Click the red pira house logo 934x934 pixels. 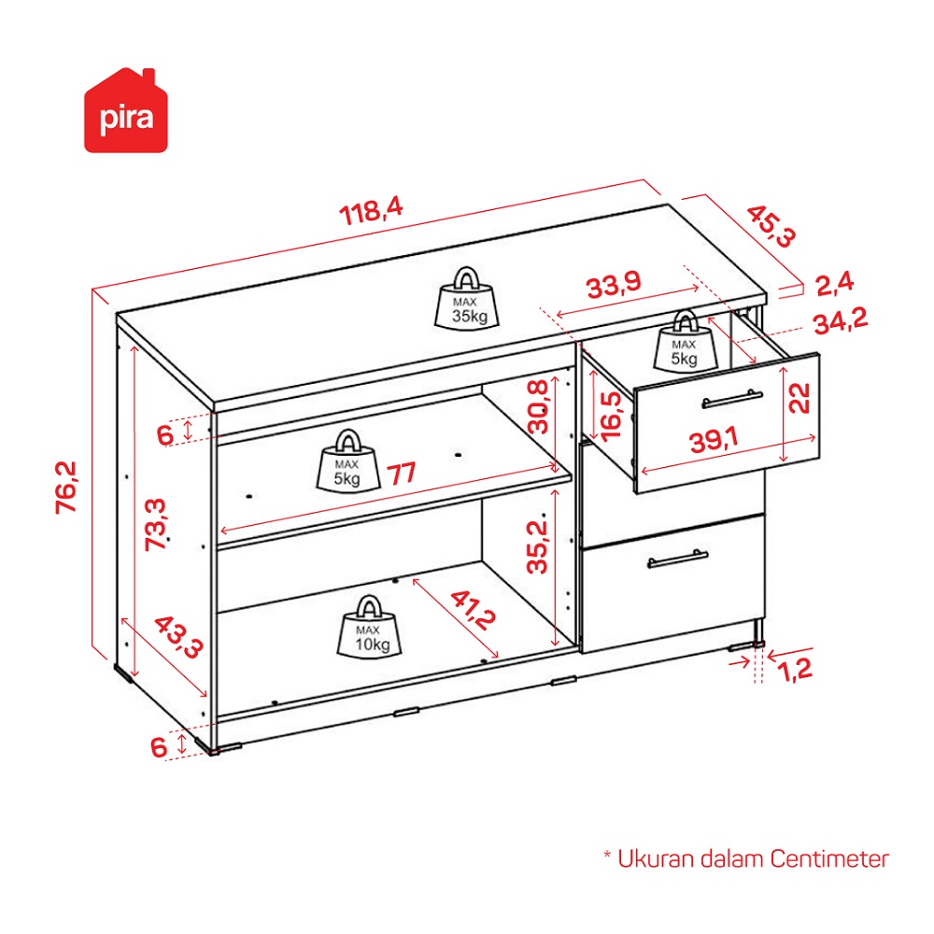point(126,111)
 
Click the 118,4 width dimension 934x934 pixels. point(371,211)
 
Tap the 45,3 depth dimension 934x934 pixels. point(771,226)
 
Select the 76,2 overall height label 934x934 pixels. point(66,488)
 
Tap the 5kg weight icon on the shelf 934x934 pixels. point(347,461)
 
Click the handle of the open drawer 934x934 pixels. point(732,399)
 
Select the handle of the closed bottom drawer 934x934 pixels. point(677,559)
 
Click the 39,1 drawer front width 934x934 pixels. point(714,440)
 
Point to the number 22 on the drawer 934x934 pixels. point(800,399)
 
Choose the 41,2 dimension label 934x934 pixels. point(473,609)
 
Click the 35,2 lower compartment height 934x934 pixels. point(537,546)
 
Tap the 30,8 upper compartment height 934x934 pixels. point(539,407)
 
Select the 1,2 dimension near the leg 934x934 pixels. point(795,670)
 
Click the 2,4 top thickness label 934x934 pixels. point(834,284)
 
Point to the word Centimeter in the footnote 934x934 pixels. point(829,859)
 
